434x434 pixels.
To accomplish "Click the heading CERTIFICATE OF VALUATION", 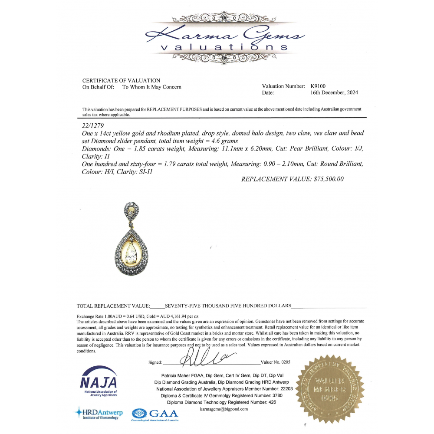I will (121, 81).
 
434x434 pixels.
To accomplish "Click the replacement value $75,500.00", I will (329, 179).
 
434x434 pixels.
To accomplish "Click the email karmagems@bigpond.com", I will (224, 409).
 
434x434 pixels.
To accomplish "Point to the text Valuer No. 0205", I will (275, 362).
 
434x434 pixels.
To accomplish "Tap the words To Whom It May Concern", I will (152, 87).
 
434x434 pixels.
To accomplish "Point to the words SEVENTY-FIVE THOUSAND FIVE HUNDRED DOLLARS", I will (228, 306).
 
